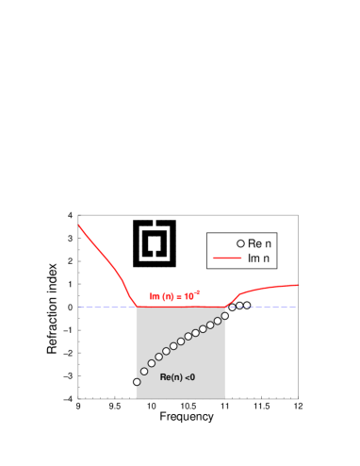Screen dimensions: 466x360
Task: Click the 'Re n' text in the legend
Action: click(260, 243)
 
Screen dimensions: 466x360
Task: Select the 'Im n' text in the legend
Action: click(260, 258)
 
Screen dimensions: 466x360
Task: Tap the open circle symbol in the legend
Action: click(240, 243)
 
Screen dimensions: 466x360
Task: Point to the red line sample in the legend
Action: click(227, 258)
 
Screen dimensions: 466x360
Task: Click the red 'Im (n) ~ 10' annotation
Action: click(174, 296)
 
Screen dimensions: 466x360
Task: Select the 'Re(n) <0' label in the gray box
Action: click(177, 377)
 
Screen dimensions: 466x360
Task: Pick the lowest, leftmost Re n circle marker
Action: click(137, 382)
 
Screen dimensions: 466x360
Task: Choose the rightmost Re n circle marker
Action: click(247, 305)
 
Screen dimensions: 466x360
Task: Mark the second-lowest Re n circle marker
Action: click(144, 371)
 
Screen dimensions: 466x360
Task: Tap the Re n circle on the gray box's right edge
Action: click(225, 315)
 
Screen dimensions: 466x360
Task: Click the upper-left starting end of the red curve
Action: click(78, 225)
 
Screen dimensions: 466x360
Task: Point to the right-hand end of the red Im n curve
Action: click(299, 284)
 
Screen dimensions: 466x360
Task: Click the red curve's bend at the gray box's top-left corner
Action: click(137, 306)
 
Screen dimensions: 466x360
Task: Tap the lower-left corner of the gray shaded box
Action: click(137, 398)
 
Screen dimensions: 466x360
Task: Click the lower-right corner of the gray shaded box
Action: click(225, 398)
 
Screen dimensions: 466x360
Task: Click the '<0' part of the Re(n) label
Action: click(189, 377)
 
